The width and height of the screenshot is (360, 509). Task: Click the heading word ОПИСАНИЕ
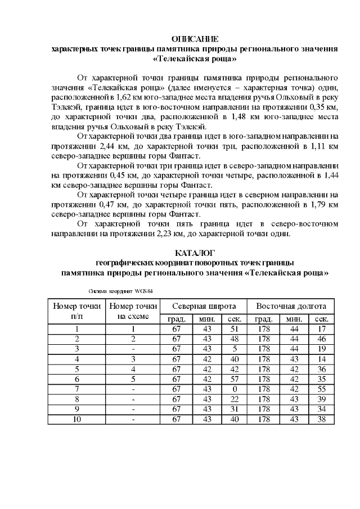point(194,39)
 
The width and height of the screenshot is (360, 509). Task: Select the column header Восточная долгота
point(291,307)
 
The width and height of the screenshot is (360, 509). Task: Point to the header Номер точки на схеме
point(133,312)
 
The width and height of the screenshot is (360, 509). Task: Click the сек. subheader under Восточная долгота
point(322,319)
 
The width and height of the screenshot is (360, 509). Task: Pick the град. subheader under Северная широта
point(176,319)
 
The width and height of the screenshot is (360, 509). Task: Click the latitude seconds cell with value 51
point(235,329)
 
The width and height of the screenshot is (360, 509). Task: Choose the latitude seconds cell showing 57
point(235,379)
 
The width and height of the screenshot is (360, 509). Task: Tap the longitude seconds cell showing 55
point(322,389)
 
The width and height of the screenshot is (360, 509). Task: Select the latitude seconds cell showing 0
point(235,389)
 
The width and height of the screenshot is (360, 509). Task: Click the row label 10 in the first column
point(77,419)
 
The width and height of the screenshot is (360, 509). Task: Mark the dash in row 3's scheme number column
point(133,349)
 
